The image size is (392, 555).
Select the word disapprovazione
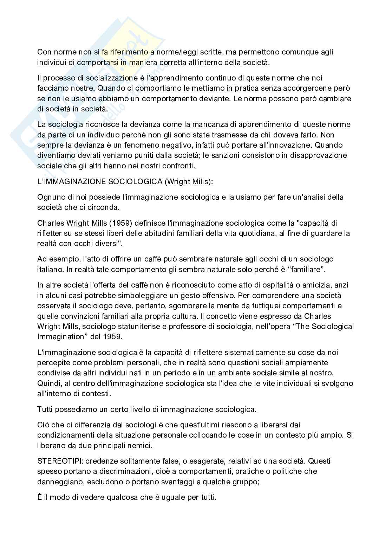tap(317, 155)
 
